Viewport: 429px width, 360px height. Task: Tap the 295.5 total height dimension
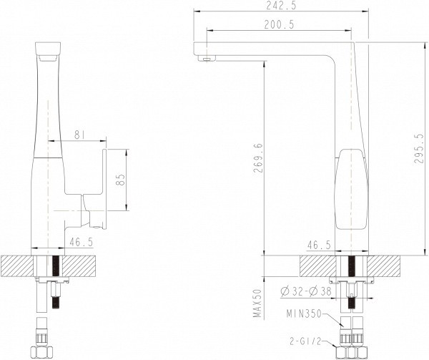418,150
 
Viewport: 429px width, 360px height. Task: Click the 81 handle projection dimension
79,133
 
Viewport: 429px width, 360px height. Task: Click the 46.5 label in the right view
318,244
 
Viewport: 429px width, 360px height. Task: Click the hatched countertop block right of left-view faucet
78,265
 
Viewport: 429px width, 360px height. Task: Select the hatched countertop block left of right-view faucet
317,265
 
